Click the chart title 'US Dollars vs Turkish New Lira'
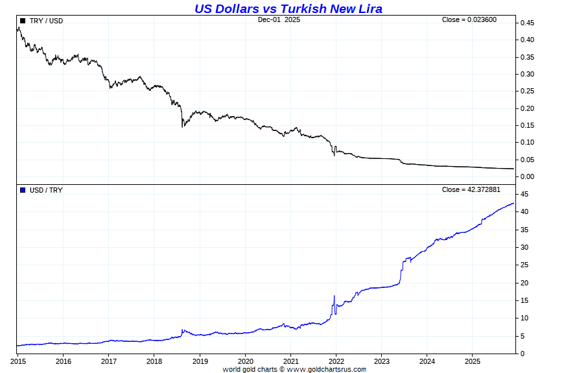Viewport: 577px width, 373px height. (288, 8)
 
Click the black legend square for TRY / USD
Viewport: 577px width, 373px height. (23, 21)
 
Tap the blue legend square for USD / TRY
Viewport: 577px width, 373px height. (23, 190)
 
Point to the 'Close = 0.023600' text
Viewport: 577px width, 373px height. (469, 19)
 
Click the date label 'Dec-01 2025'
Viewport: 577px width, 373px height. (279, 19)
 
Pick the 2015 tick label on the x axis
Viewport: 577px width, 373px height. (18, 361)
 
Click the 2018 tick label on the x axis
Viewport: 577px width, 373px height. (154, 361)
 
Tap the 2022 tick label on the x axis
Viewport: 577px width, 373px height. (336, 361)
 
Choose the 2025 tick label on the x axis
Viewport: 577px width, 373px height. (473, 361)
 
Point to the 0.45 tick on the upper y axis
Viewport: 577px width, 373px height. (526, 23)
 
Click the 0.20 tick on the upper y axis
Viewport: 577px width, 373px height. (526, 108)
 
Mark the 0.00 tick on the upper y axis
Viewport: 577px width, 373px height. (526, 176)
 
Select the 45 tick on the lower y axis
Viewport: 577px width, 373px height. (523, 195)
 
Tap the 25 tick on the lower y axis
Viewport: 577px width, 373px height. (523, 265)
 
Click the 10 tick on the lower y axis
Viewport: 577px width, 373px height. (523, 319)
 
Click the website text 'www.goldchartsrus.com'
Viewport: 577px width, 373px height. (326, 370)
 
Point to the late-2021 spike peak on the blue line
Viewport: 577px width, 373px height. (334, 296)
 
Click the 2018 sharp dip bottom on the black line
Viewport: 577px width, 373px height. (182, 126)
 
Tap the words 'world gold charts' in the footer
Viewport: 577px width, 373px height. (250, 370)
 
